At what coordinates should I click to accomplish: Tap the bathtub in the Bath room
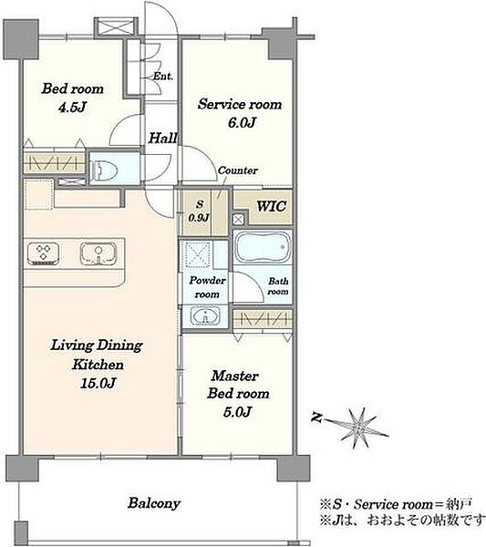264,247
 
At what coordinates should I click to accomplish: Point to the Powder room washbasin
205,316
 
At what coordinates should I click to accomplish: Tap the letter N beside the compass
316,418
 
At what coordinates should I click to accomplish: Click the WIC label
272,206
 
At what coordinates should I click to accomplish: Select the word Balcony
154,503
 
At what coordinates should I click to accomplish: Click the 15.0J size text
98,384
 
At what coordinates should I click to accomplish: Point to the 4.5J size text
72,107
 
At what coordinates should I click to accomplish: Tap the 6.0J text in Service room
243,122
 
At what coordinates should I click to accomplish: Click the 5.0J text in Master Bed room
237,412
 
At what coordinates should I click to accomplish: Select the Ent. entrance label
163,76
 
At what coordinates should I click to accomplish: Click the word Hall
163,139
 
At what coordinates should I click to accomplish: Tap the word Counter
238,170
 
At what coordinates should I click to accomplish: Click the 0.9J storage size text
199,218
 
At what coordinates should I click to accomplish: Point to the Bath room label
278,286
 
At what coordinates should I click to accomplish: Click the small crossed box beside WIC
239,220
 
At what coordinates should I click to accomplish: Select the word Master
235,376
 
